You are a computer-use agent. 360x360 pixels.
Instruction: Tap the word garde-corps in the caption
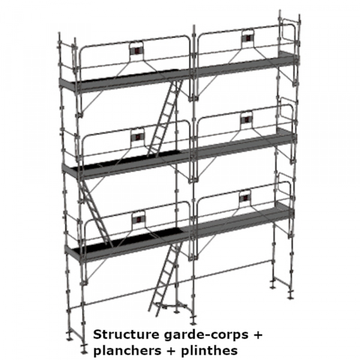[206, 335]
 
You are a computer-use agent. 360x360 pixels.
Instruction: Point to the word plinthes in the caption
[209, 351]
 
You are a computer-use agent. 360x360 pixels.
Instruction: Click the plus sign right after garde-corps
[257, 335]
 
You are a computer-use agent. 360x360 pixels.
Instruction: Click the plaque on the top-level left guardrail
[137, 50]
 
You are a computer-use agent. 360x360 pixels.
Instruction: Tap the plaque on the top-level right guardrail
[247, 37]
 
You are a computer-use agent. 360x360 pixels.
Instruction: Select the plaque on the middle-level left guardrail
[137, 137]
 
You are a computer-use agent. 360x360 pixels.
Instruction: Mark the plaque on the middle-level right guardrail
[247, 119]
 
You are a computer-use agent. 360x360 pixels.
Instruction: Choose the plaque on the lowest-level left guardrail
[139, 219]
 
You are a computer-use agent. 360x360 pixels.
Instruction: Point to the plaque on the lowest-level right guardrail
[245, 197]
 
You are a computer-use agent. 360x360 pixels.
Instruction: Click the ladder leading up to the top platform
[164, 118]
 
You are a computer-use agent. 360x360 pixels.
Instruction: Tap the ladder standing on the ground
[166, 278]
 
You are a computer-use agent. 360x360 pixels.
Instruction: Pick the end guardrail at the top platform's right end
[288, 34]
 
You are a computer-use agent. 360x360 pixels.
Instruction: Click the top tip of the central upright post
[194, 25]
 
